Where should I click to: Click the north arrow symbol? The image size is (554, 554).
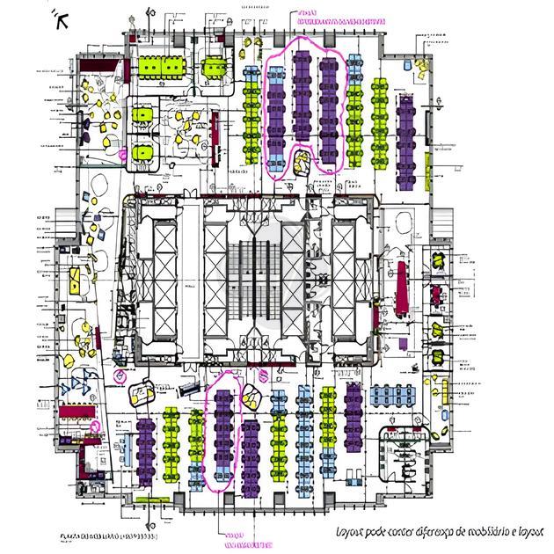click(61, 18)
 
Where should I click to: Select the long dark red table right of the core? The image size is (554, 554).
click(402, 289)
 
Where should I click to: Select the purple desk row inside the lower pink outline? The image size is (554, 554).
click(225, 431)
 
